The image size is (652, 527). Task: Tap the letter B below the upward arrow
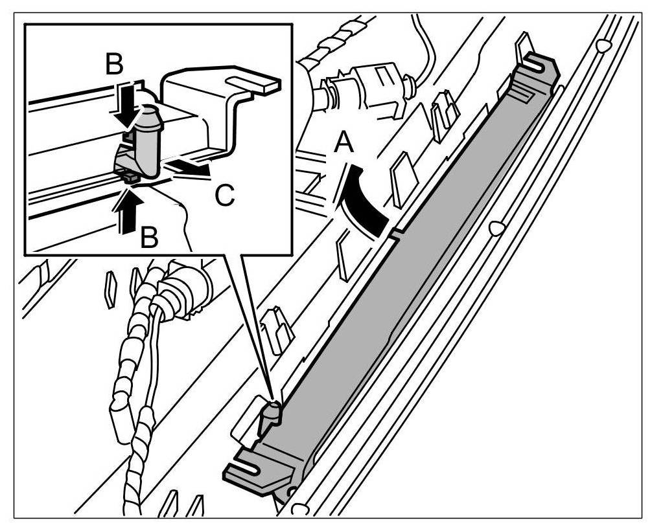(x=150, y=238)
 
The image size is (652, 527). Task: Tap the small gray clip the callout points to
(x=271, y=414)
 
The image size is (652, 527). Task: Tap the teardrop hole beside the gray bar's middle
(x=496, y=228)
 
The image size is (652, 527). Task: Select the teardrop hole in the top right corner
(x=603, y=45)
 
